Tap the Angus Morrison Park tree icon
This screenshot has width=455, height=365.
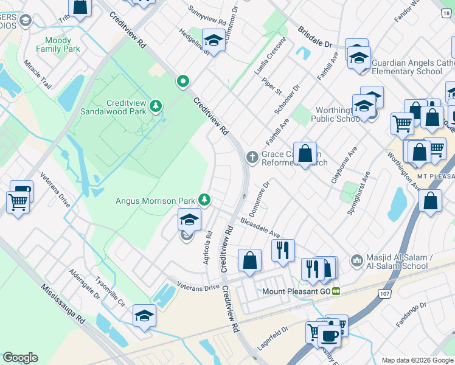(206, 200)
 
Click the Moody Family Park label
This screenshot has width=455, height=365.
(58, 44)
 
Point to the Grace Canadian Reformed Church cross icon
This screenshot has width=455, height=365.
(252, 158)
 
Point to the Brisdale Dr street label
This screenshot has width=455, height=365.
(315, 37)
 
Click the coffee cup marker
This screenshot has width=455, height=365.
(330, 336)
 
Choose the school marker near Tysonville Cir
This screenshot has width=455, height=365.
(144, 315)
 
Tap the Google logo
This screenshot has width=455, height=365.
(20, 358)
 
